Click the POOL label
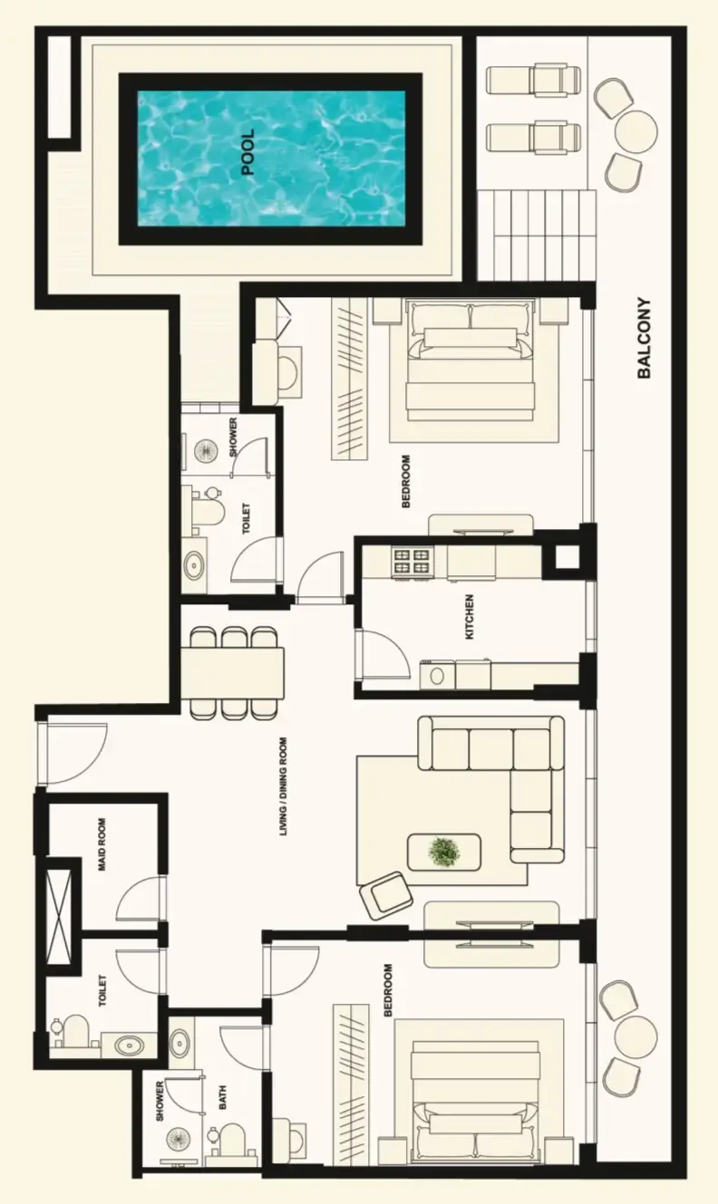click(x=247, y=152)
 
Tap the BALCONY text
click(x=644, y=338)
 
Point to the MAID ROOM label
click(x=102, y=844)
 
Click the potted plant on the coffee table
click(x=443, y=852)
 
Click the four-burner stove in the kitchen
click(x=412, y=563)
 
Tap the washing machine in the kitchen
click(x=437, y=675)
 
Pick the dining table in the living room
click(x=232, y=673)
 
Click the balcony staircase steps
click(x=537, y=235)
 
